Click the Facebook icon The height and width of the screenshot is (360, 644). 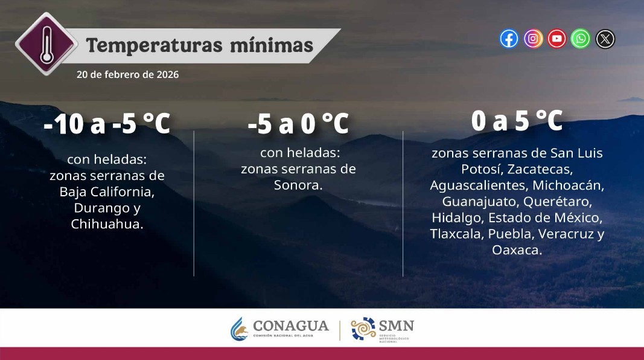509,39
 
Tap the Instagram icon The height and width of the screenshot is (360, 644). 533,39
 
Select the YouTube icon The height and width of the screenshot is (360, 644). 556,39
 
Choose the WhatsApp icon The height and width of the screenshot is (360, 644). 581,39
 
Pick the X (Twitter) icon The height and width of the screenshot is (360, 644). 605,39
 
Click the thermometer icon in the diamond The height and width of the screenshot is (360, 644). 46,43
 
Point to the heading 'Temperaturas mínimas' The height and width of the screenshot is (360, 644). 200,46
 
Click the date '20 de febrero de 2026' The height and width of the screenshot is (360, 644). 127,75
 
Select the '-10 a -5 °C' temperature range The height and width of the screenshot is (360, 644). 107,124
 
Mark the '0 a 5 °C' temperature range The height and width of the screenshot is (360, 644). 517,121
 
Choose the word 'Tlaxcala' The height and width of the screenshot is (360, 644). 454,234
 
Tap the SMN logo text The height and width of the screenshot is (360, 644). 396,326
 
